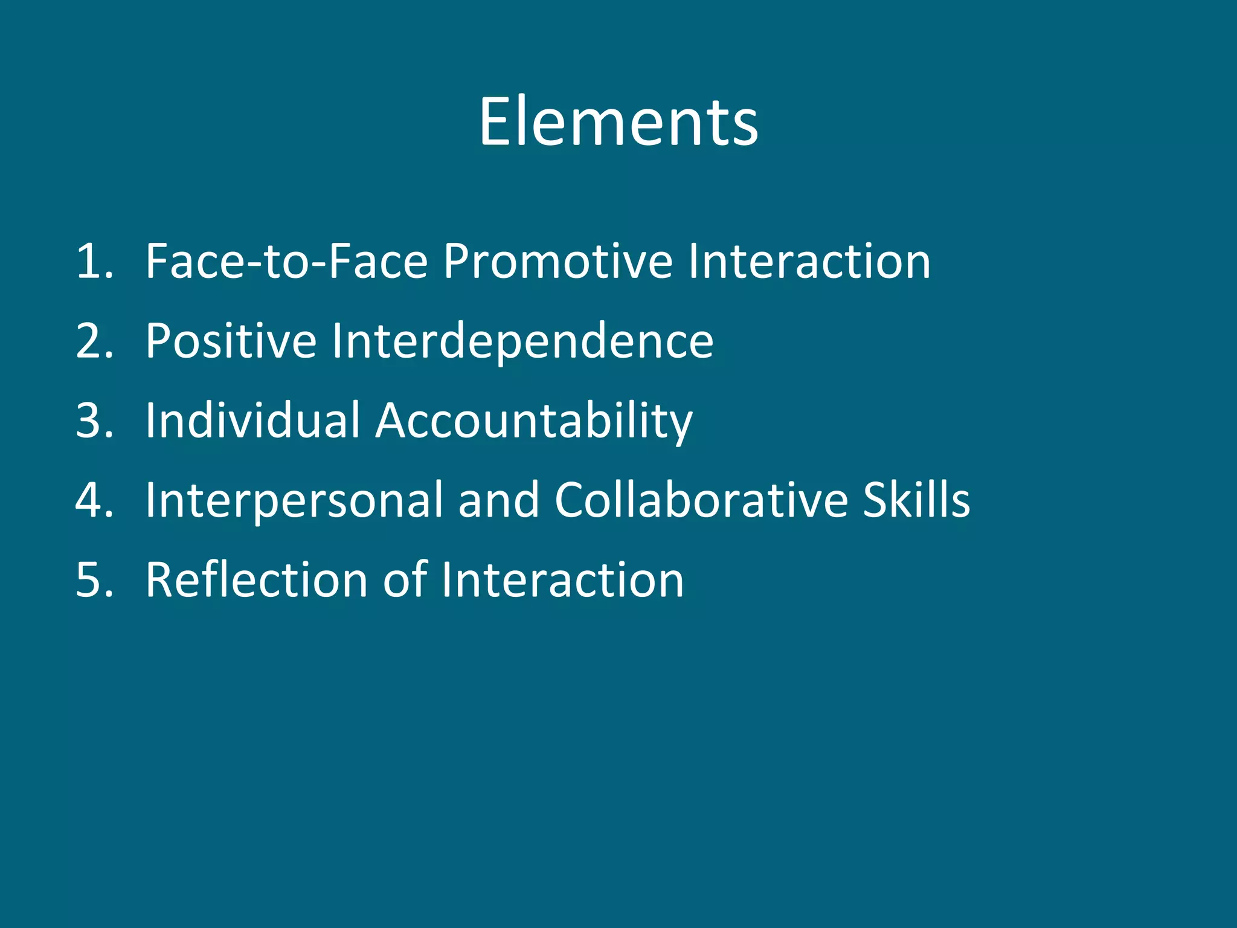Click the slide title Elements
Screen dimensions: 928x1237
point(618,123)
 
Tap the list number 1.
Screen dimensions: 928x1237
point(94,262)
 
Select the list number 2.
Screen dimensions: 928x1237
point(94,341)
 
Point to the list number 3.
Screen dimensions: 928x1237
point(94,420)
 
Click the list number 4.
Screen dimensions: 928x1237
point(94,500)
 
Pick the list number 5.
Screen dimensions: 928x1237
point(94,580)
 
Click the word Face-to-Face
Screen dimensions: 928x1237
point(287,262)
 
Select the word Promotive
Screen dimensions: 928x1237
point(557,262)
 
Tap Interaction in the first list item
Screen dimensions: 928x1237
point(809,262)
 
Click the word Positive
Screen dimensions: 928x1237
point(231,341)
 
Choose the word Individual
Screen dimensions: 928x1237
point(252,420)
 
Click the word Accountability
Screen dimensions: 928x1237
point(534,422)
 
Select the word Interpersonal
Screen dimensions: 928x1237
point(294,501)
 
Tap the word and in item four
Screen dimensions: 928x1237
point(498,500)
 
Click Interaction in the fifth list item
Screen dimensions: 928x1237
point(562,580)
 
